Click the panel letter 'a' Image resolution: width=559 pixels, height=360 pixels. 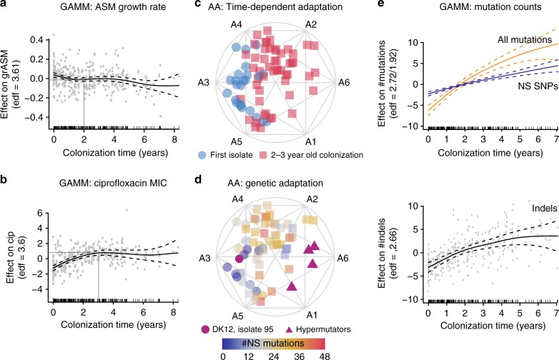click(x=5, y=6)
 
